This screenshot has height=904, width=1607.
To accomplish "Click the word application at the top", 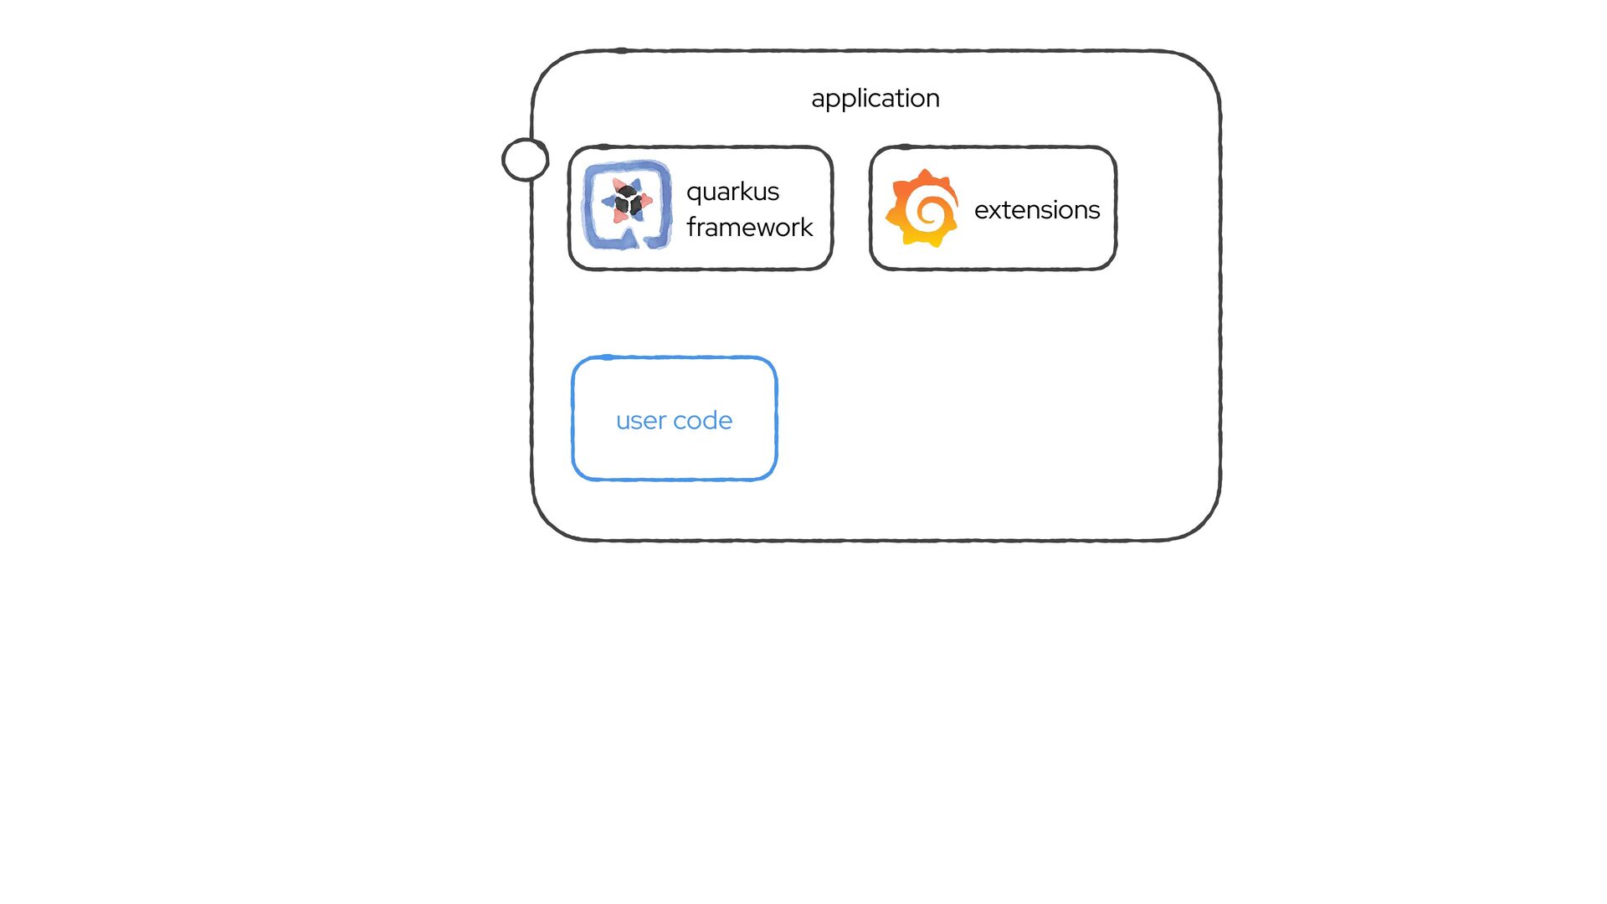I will point(875,99).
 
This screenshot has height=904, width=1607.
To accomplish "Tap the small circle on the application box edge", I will point(525,159).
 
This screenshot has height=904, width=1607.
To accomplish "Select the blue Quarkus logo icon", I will point(627,206).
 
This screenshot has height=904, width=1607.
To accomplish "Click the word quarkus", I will point(732,193).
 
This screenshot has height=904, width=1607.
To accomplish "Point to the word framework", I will point(749,228).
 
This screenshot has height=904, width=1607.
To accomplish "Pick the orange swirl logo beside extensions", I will point(922,208).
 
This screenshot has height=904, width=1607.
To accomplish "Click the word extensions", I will point(1036,210).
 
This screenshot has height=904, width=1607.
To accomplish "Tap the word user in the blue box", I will point(641,421).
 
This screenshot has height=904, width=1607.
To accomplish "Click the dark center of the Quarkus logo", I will point(627,202).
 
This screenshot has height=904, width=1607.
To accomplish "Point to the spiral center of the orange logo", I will point(926,210).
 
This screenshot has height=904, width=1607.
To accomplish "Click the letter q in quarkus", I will point(694,193).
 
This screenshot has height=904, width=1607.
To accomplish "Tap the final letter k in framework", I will point(807,227).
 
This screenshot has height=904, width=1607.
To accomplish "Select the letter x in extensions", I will point(995,210).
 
